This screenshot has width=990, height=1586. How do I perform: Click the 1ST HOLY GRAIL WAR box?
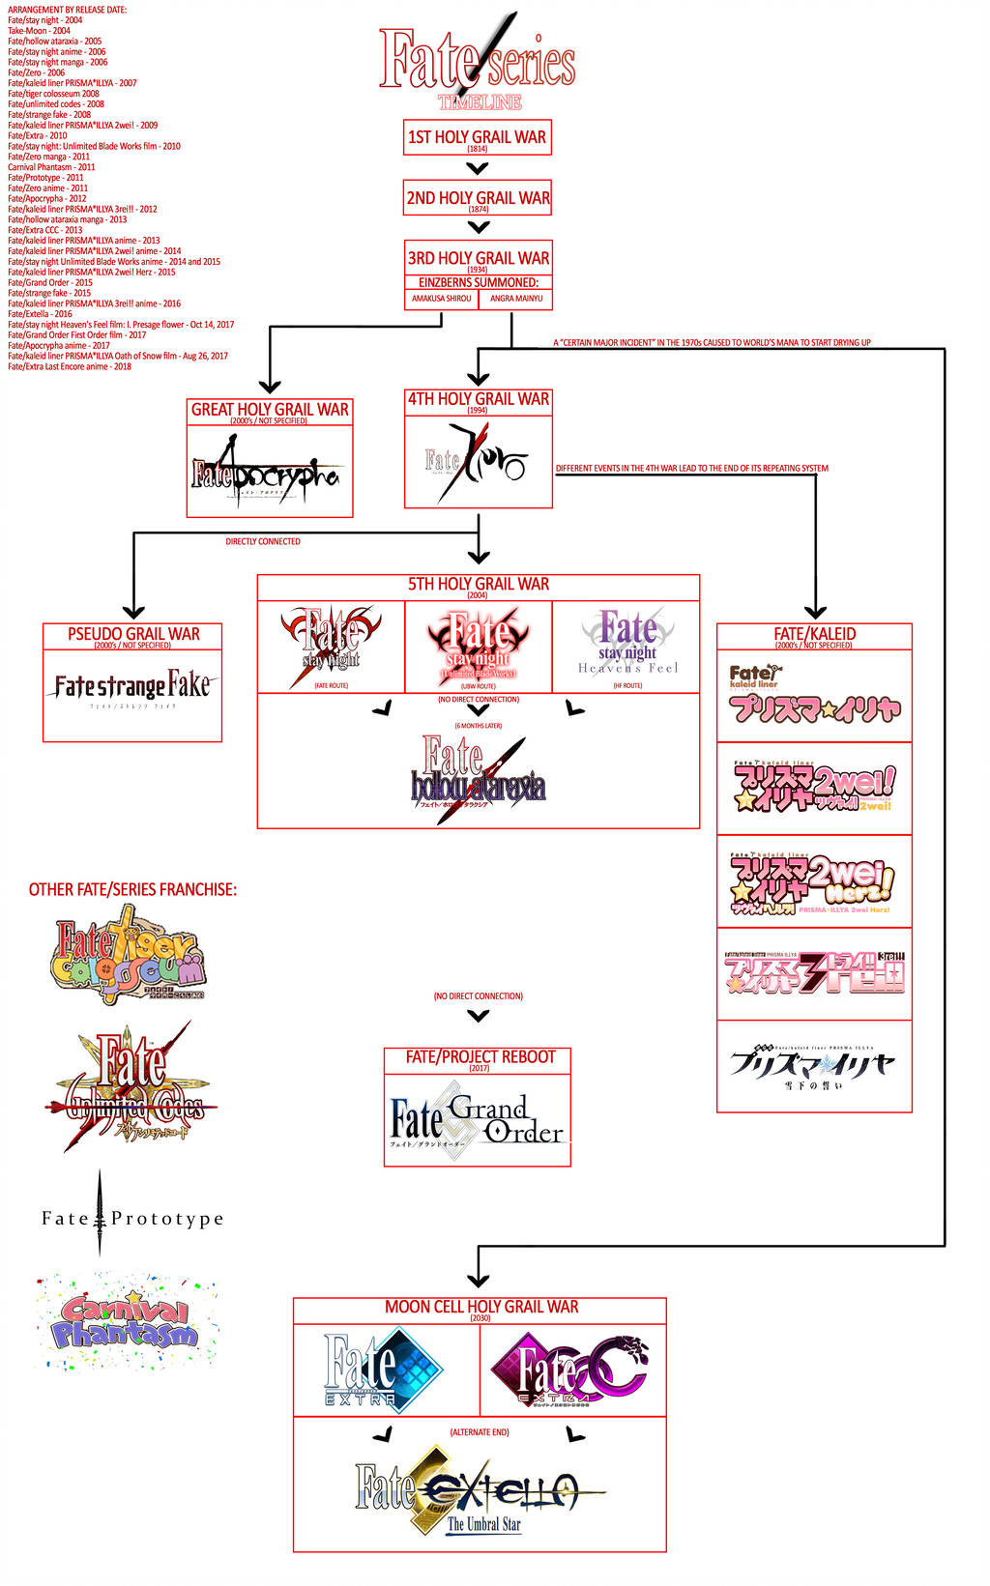coord(477,138)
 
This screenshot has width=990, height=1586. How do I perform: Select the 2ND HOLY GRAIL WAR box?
coord(478,198)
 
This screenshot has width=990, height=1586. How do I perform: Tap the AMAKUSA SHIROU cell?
coord(442,299)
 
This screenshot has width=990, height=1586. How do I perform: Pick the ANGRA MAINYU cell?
coord(516,299)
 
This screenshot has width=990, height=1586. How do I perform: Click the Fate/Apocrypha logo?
coord(267,473)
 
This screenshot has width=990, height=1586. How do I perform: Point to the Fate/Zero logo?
coord(477,463)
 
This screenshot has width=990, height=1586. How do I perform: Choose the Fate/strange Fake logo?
coord(131,688)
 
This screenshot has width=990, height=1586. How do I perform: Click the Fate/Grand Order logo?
coord(477,1121)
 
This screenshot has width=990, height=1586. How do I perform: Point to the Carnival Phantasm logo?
coord(128,1320)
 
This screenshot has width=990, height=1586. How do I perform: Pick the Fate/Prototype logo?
coord(132,1219)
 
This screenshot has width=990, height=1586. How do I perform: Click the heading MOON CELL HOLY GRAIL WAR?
coord(480,1307)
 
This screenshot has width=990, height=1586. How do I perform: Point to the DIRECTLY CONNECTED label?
coord(263,542)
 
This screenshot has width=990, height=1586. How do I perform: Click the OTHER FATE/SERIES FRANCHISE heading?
coord(132,890)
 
